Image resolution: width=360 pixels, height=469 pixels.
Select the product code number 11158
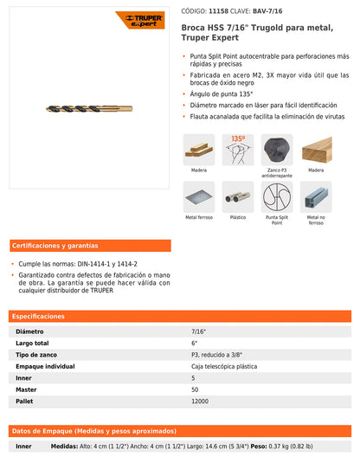click(220, 10)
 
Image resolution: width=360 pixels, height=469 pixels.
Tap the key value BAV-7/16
click(267, 10)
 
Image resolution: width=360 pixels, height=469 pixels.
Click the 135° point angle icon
click(238, 150)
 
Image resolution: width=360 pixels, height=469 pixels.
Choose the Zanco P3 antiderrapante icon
click(277, 150)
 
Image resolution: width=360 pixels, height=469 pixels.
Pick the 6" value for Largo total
click(195, 343)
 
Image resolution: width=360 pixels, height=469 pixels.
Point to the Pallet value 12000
click(201, 402)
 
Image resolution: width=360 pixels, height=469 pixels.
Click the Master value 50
click(196, 389)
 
